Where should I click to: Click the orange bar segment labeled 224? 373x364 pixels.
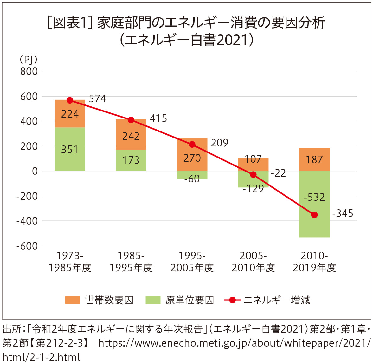[x=70, y=114]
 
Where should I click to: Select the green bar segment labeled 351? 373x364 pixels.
[x=70, y=149]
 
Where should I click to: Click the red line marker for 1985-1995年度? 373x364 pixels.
[x=131, y=120]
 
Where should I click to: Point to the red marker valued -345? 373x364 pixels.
[x=314, y=215]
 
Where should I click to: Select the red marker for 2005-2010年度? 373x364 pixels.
[x=253, y=175]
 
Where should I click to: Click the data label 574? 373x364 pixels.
[x=97, y=99]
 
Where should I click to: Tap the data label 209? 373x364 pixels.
[x=219, y=143]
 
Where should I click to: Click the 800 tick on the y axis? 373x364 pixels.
[x=29, y=71]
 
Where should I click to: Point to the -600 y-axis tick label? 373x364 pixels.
[x=27, y=246]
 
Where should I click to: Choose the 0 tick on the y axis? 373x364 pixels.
[x=35, y=171]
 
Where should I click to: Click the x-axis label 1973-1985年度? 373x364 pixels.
[x=70, y=262]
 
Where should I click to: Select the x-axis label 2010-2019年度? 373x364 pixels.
[x=314, y=262]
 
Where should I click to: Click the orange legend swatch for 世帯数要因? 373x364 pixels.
[x=72, y=300]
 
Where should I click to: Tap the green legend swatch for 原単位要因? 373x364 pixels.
[x=153, y=300]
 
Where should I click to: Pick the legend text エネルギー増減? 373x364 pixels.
[x=277, y=300]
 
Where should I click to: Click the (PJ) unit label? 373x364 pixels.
[x=29, y=59]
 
